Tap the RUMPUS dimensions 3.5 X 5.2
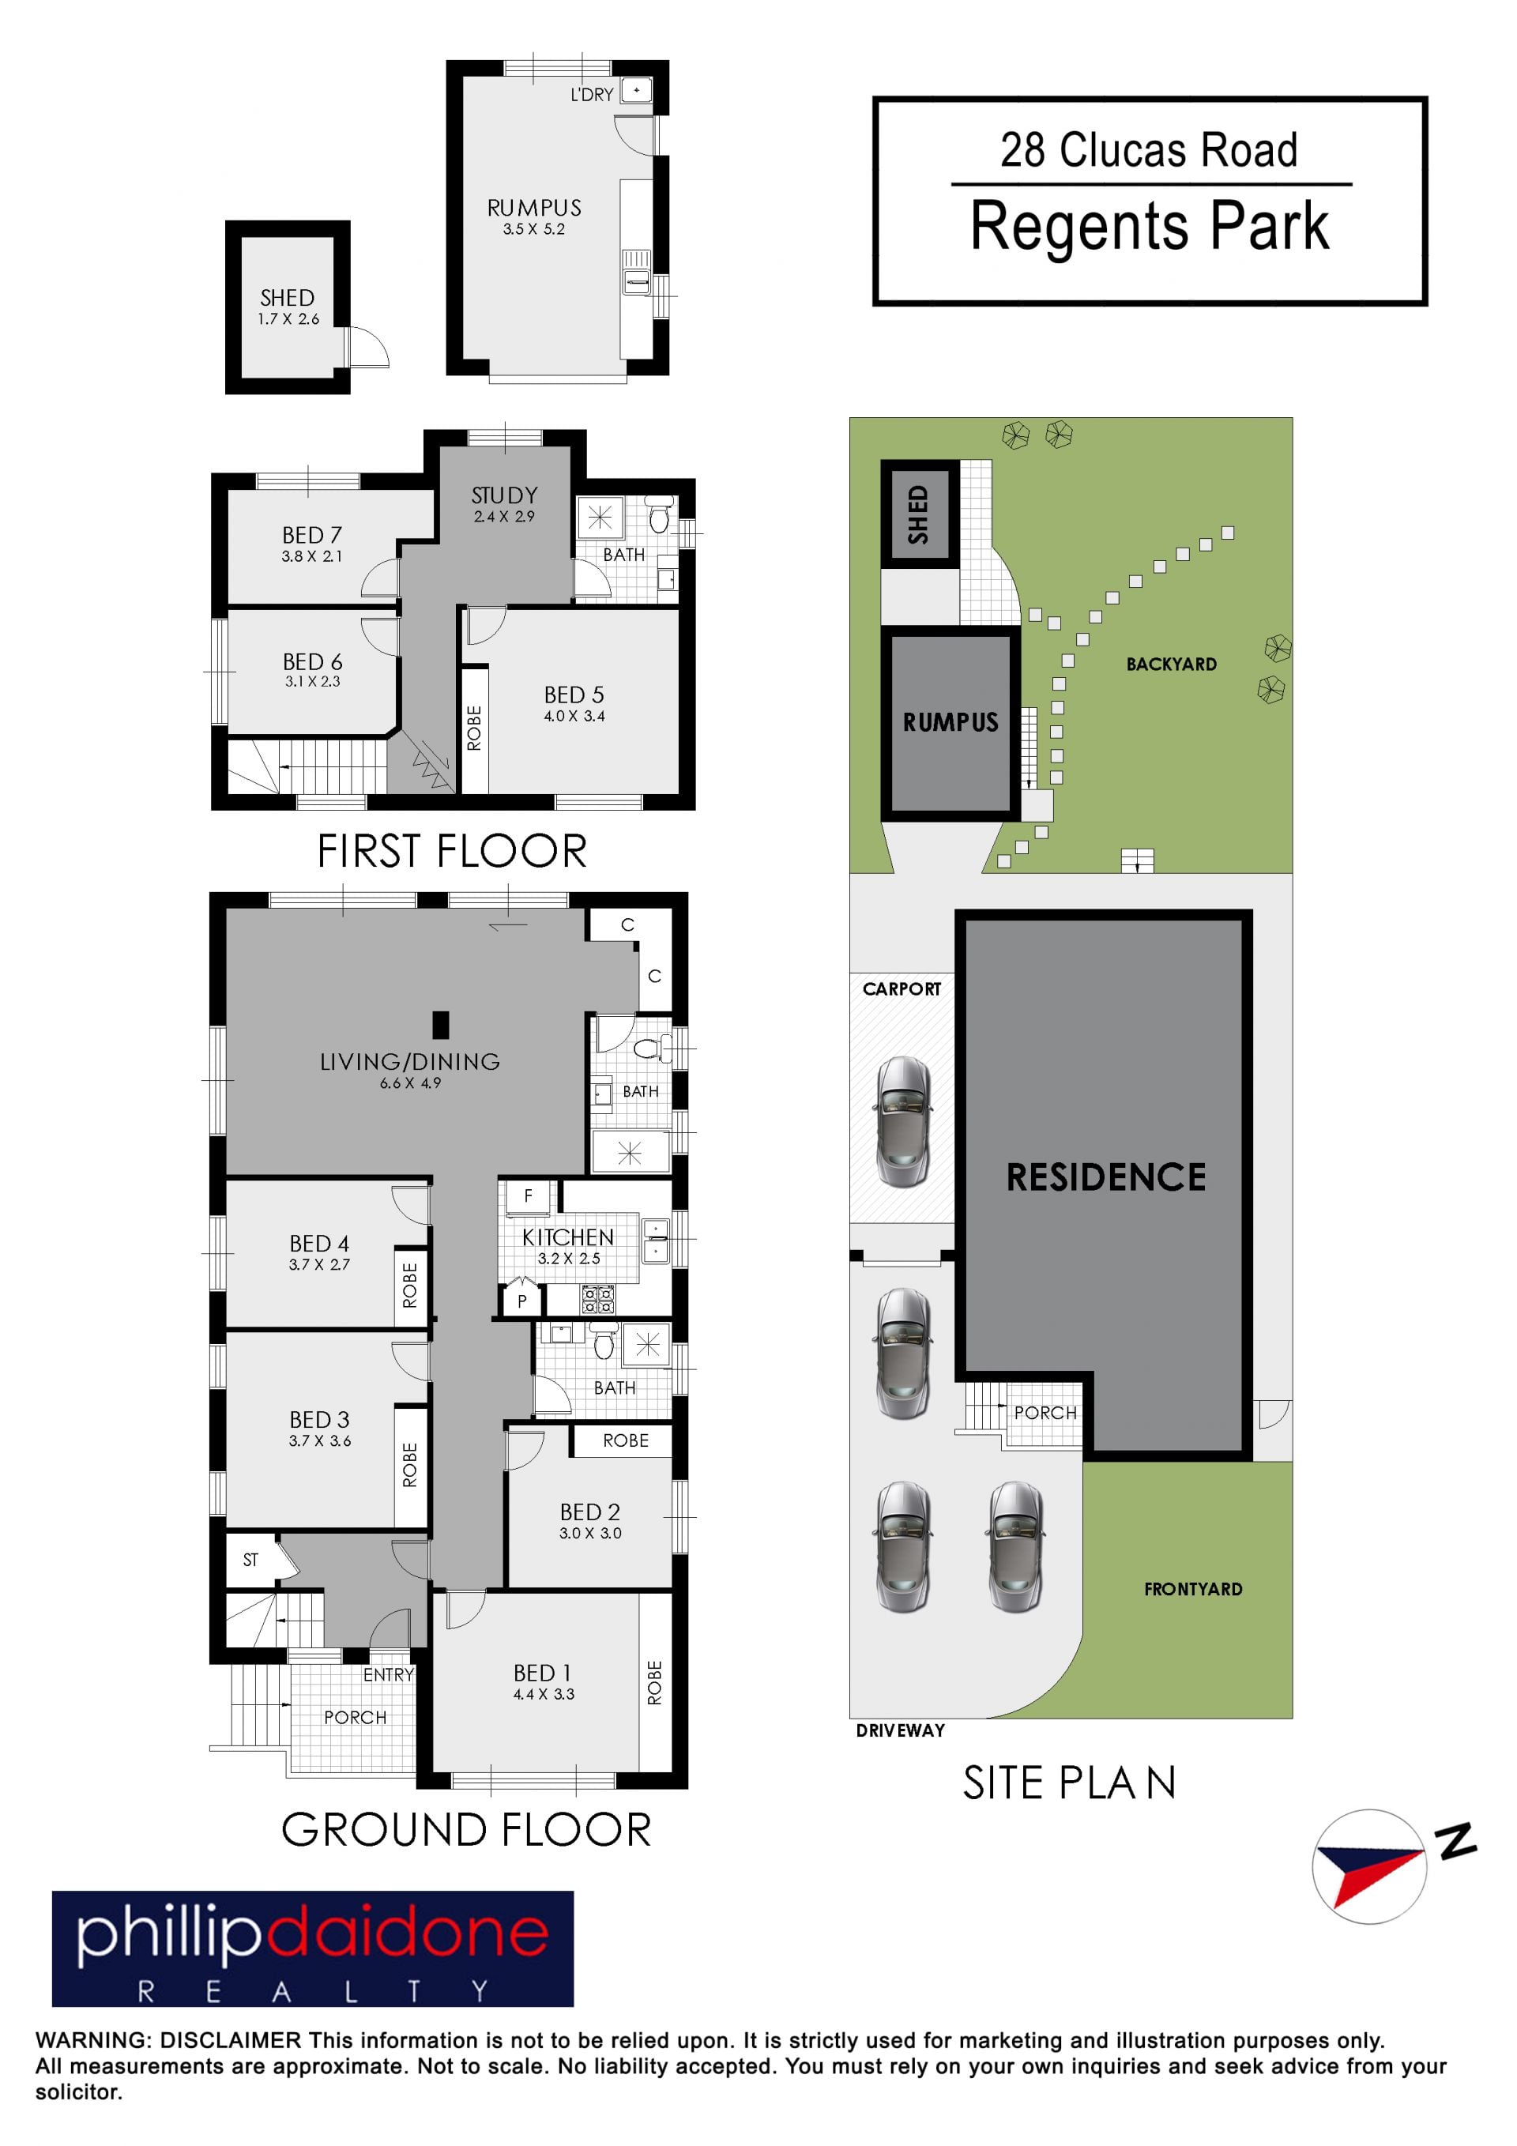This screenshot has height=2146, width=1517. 533,229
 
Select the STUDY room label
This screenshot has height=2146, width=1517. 505,495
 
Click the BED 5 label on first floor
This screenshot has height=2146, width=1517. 574,695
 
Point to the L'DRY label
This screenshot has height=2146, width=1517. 592,94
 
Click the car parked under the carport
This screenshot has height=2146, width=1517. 902,1122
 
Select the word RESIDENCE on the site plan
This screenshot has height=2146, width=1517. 1105,1177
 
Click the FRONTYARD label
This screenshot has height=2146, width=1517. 1193,1589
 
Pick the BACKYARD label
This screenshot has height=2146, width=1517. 1171,664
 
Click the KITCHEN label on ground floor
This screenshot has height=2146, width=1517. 567,1237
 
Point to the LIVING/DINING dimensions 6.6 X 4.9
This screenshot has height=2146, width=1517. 410,1083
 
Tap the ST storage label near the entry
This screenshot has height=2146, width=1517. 250,1560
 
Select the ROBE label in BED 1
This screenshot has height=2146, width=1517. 654,1682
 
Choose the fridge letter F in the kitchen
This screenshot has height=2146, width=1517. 528,1195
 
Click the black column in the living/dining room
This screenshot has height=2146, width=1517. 440,1026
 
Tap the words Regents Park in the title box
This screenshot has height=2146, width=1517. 1150,226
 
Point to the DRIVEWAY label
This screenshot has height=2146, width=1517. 900,1730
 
